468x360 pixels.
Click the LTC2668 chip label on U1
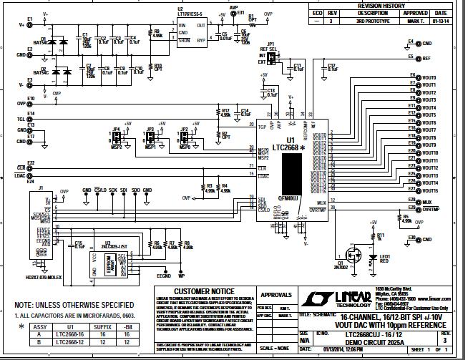(286, 147)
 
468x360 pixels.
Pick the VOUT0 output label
(429, 77)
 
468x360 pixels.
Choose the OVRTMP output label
(432, 210)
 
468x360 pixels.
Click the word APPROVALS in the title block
(276, 293)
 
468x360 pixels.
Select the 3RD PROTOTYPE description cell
(372, 21)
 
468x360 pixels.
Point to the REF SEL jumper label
(271, 48)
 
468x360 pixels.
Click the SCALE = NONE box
(276, 347)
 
